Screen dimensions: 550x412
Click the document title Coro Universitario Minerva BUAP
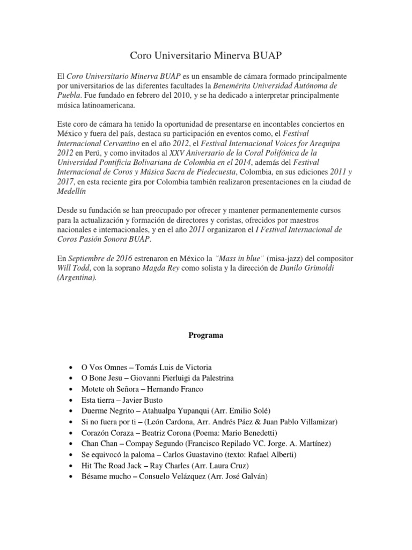click(205, 55)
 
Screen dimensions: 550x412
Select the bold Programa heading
click(205, 335)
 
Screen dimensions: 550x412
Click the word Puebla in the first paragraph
click(69, 95)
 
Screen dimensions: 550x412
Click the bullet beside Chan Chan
click(71, 443)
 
